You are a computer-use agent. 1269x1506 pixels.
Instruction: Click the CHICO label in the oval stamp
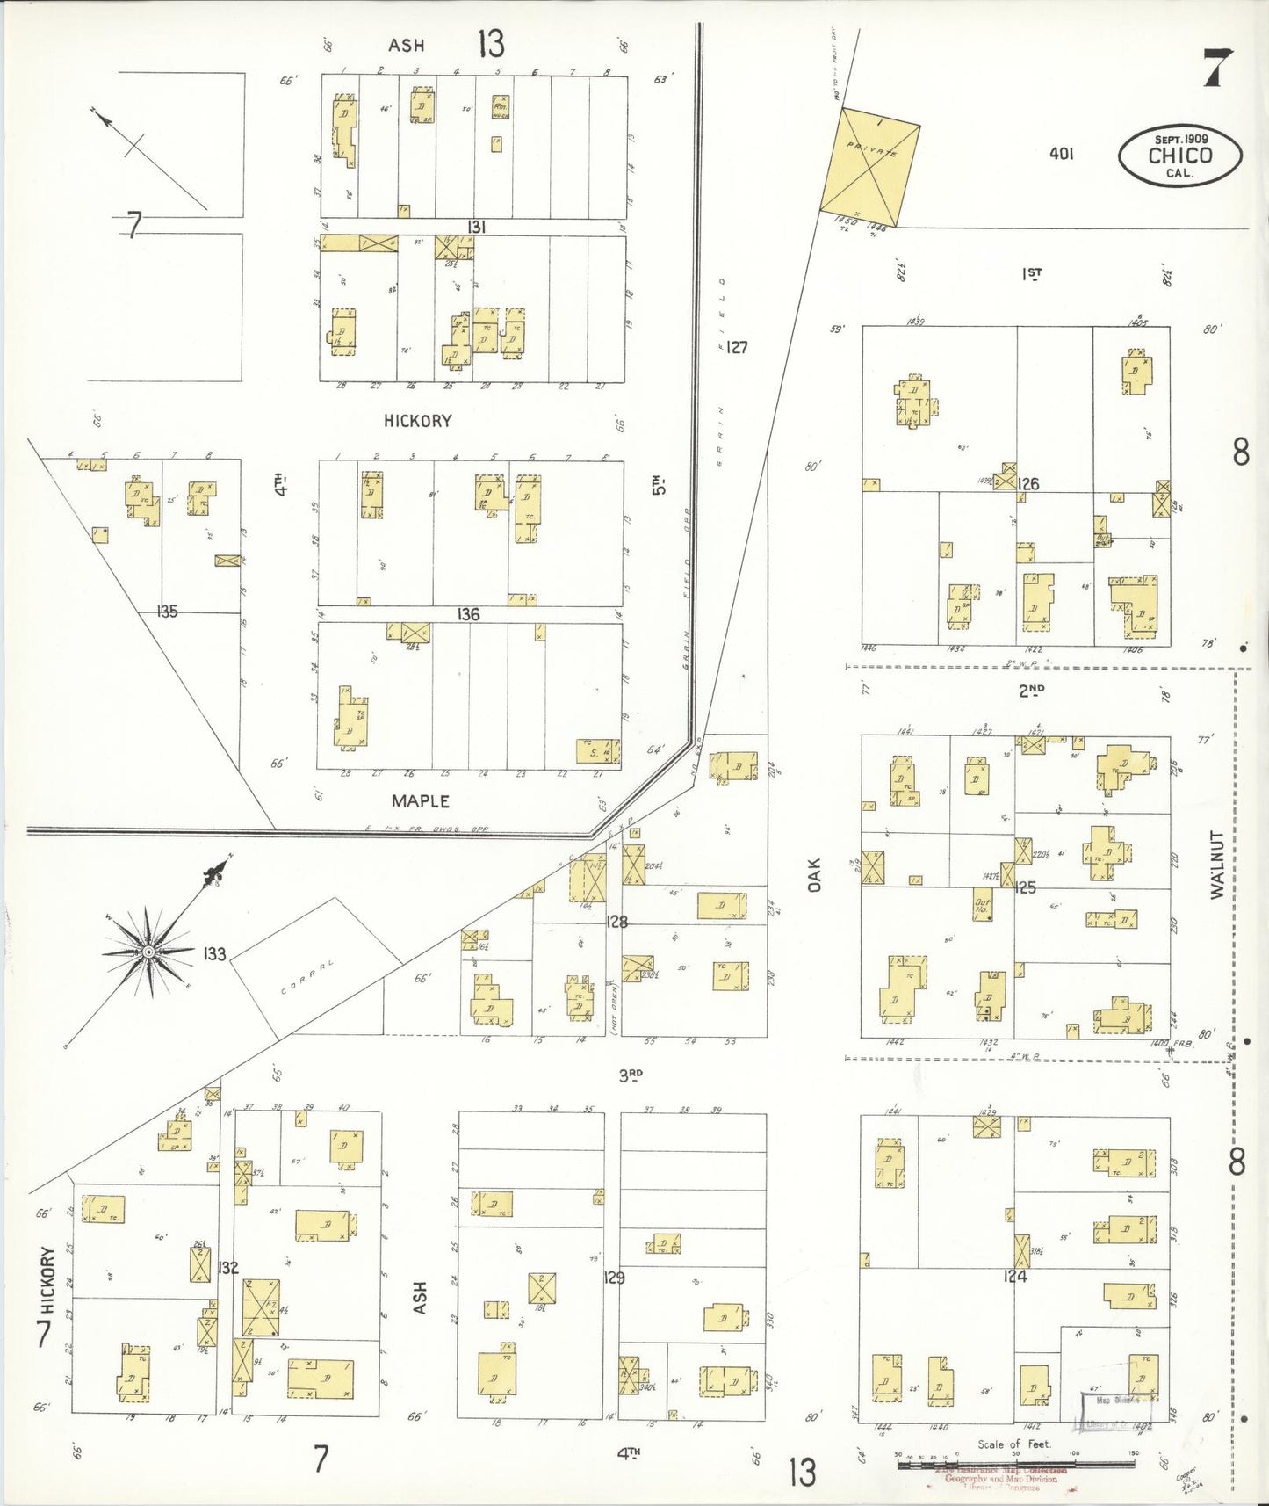point(1179,156)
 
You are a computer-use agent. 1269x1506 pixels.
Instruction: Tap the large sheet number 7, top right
point(1217,68)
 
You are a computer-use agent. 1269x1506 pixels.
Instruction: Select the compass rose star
point(149,952)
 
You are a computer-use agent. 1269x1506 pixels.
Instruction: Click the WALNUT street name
point(1216,865)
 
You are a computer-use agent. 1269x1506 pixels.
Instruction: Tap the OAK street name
point(814,875)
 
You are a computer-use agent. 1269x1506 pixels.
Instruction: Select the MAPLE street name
point(421,800)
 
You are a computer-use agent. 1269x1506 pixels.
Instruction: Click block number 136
point(468,614)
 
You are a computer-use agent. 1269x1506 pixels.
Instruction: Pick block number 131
point(475,227)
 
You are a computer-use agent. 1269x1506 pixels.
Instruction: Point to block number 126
point(1028,483)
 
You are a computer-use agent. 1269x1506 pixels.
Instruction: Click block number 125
point(1025,887)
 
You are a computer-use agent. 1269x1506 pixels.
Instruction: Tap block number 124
point(1014,1276)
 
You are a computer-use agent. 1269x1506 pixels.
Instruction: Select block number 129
point(614,1277)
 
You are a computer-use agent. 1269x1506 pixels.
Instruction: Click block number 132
point(228,1267)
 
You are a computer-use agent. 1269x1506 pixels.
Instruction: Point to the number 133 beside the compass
point(214,953)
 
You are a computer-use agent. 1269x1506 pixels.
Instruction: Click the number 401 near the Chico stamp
point(1061,153)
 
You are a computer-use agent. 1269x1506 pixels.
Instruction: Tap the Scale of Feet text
point(1013,1444)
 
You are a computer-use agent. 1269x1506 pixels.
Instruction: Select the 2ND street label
point(1032,690)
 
